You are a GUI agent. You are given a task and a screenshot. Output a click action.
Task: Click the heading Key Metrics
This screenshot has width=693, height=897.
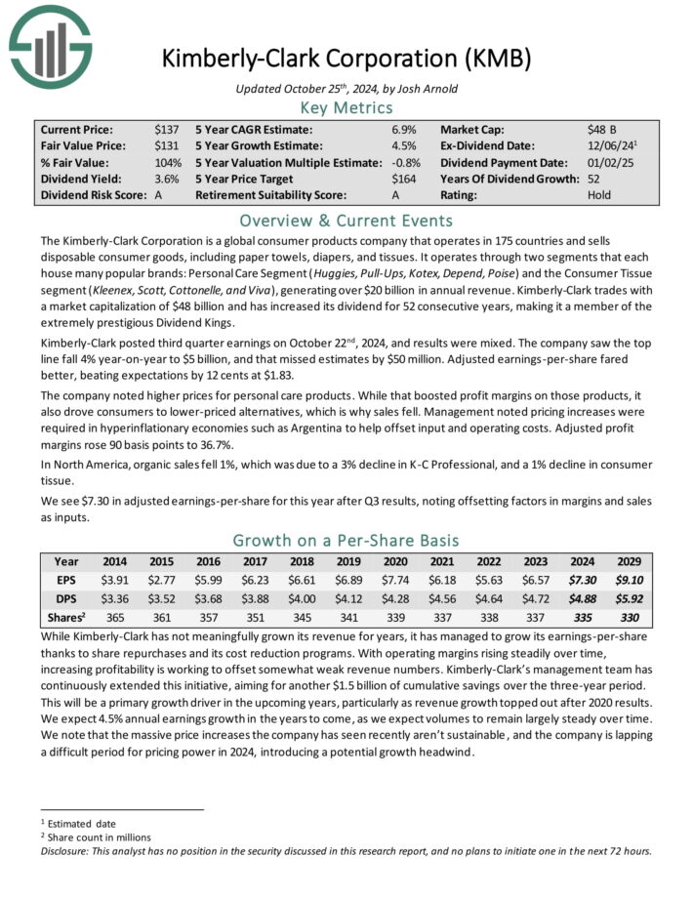click(346, 106)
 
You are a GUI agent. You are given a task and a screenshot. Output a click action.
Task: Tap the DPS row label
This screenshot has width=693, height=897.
click(65, 598)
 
